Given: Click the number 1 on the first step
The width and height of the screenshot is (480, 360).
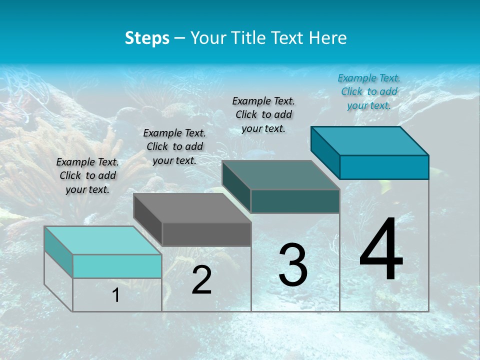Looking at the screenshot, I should tap(116, 295).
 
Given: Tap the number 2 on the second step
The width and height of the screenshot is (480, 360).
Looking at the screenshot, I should tap(201, 280).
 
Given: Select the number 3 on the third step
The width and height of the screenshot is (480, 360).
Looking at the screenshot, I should tap(293, 265).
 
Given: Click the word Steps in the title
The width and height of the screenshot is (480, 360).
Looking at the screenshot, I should tap(147, 38).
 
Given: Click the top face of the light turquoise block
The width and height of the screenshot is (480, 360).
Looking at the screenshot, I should tap(102, 240).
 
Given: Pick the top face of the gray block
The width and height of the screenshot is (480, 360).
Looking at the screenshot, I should tap(192, 208).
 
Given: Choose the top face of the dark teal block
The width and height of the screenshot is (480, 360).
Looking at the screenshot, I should tap(280, 175).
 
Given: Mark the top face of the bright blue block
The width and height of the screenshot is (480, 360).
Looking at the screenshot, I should tap(370, 140).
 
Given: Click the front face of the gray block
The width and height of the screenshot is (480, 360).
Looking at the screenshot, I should tap(206, 234).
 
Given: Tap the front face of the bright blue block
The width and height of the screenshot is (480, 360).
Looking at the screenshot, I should tap(384, 167).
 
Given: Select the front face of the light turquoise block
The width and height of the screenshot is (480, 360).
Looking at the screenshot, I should tap(117, 266).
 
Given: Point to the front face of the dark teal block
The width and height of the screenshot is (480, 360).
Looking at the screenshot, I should tap(295, 201).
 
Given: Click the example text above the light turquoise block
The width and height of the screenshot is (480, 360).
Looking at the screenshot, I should tap(87, 175).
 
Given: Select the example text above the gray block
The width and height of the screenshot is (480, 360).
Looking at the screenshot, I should tap(174, 146).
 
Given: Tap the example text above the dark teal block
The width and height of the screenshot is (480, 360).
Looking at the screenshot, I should tap(263, 114).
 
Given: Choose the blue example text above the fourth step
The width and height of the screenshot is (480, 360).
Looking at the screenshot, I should tap(369, 91).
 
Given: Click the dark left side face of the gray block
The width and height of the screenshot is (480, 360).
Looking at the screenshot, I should tap(148, 220).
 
